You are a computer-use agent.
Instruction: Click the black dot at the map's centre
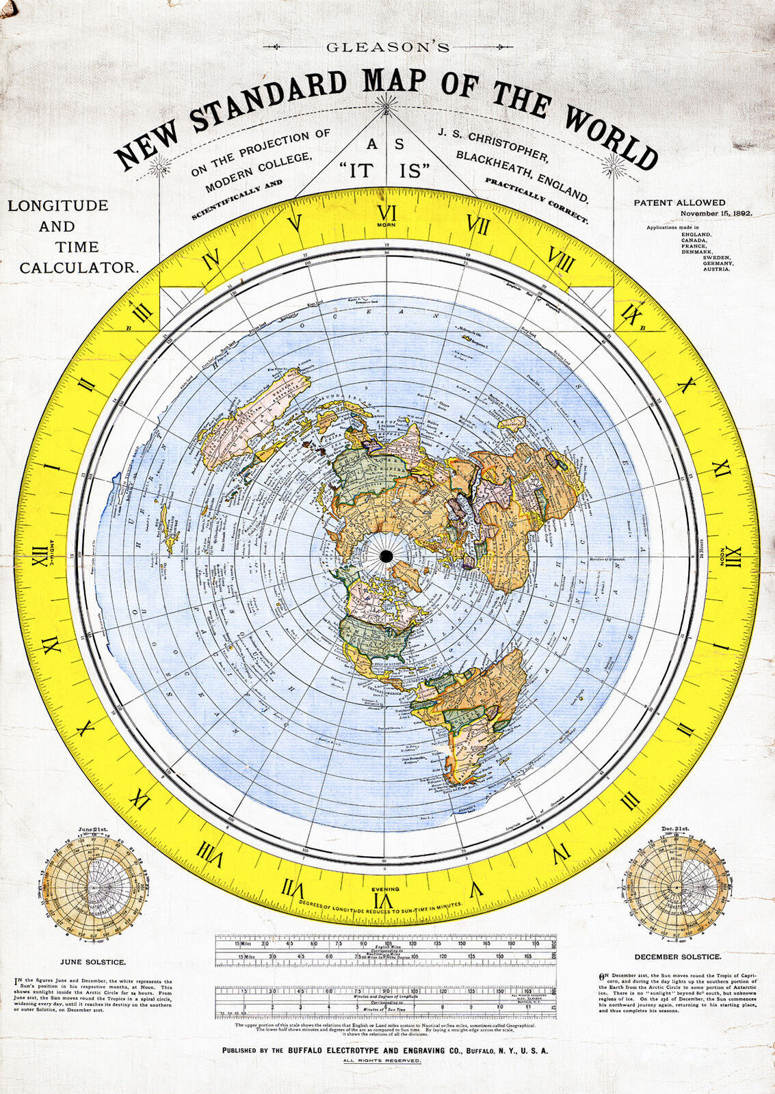(x=386, y=556)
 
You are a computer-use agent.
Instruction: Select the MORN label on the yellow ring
(x=387, y=224)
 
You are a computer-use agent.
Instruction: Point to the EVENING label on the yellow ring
(x=385, y=889)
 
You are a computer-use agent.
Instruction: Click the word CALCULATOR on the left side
(x=79, y=268)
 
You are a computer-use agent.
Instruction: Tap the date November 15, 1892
(x=715, y=213)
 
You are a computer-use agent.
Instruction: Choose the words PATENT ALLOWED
(x=679, y=202)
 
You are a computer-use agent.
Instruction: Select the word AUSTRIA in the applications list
(x=716, y=269)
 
